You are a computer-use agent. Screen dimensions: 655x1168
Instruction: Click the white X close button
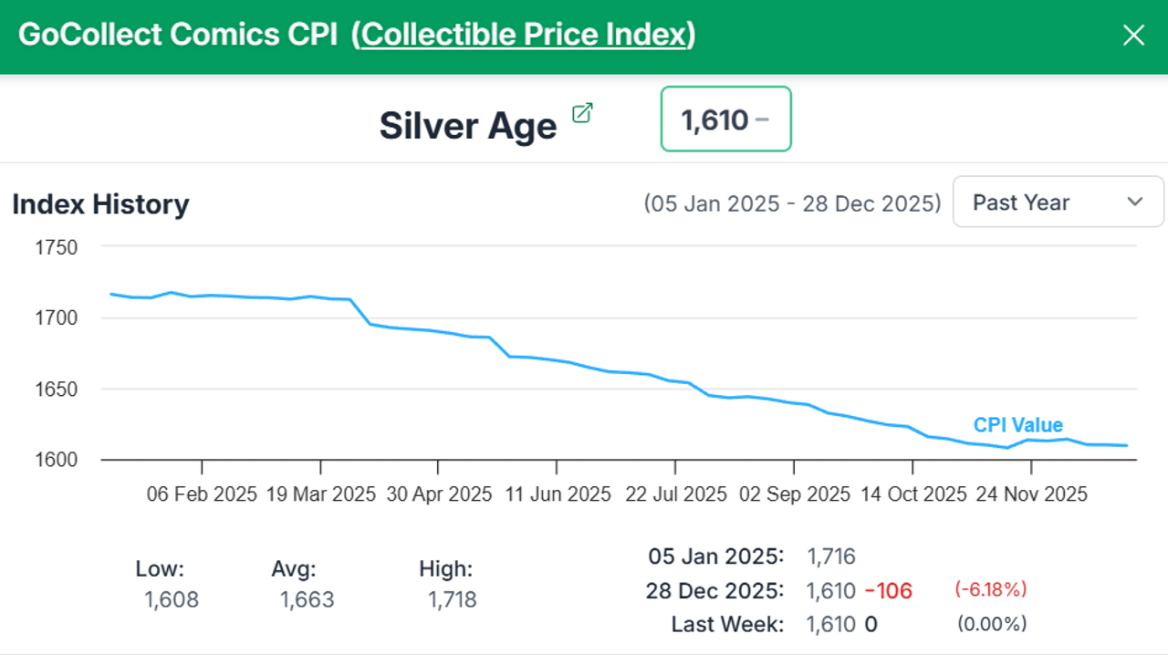tap(1133, 36)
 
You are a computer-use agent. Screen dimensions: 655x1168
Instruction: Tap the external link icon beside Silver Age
tap(582, 113)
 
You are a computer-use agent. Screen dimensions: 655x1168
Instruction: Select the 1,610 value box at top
tap(725, 120)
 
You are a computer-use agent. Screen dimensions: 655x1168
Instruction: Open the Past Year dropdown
tap(1058, 202)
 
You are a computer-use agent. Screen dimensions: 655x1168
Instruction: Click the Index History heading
tap(100, 204)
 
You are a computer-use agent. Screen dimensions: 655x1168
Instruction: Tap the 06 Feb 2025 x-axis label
tap(202, 494)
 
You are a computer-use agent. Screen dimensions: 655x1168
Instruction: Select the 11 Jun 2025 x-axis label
tap(558, 494)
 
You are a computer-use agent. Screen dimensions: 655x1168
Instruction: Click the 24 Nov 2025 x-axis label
tap(1031, 494)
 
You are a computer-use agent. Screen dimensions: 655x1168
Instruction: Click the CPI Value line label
tap(1017, 425)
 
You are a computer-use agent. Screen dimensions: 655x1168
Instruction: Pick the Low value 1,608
tap(172, 599)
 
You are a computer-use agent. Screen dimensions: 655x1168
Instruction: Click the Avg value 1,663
tap(307, 599)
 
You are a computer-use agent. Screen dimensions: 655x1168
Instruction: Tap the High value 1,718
tap(452, 599)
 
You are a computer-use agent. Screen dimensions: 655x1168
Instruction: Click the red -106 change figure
tap(888, 590)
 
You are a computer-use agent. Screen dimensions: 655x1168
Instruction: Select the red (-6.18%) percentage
tap(991, 589)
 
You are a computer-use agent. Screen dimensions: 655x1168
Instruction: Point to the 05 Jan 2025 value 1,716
tap(830, 556)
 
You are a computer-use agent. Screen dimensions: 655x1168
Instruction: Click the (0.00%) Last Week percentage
tap(991, 624)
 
